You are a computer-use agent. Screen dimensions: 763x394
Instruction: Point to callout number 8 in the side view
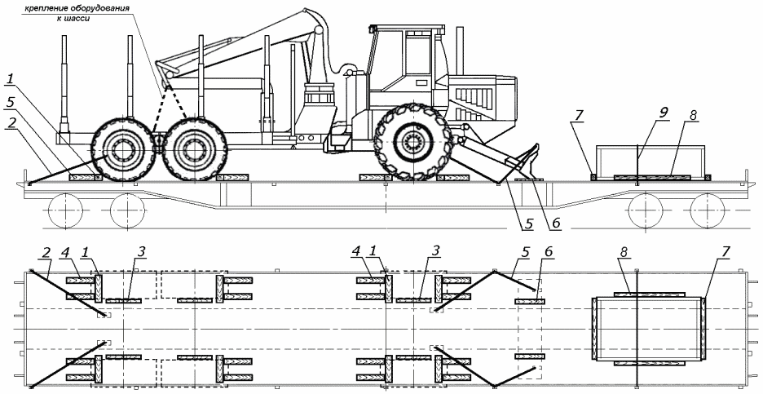click(x=694, y=117)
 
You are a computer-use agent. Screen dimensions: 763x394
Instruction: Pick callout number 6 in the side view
click(x=556, y=223)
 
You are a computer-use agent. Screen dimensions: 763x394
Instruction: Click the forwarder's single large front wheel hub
click(x=413, y=142)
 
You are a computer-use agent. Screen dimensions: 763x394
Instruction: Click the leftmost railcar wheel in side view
click(x=64, y=210)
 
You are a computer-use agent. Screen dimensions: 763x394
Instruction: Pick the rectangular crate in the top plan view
click(x=648, y=330)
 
